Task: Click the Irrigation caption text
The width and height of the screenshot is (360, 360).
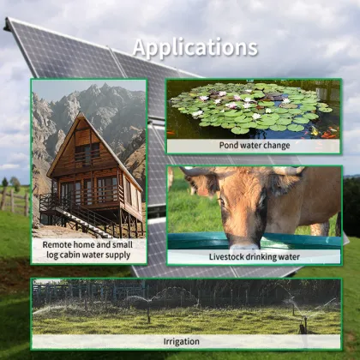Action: click(186, 340)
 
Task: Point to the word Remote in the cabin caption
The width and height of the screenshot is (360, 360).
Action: click(60, 244)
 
